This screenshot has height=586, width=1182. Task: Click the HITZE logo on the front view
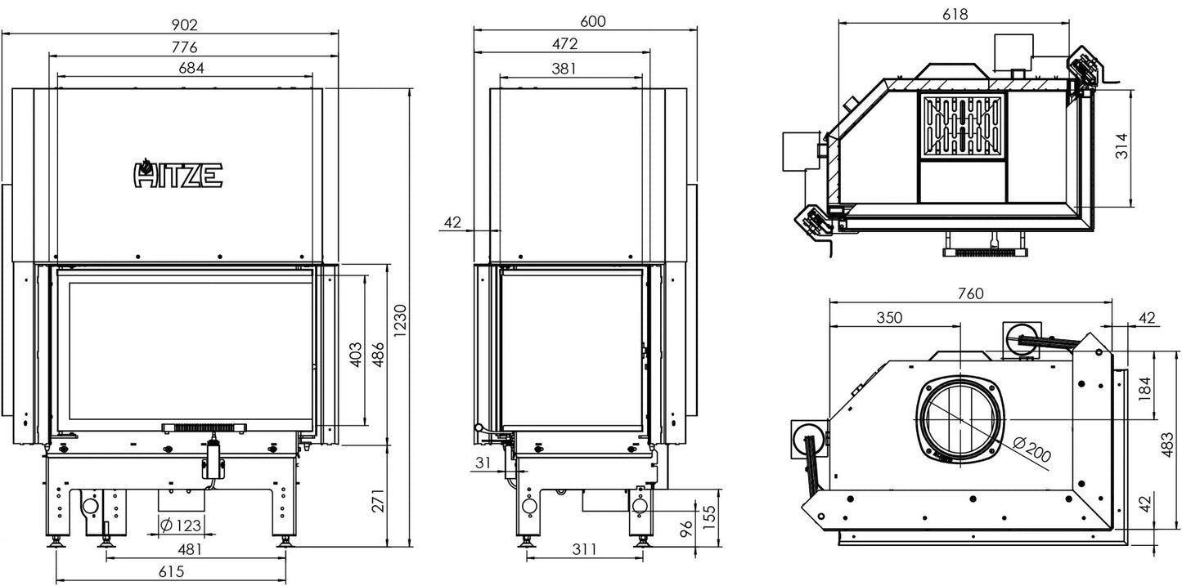[x=178, y=172]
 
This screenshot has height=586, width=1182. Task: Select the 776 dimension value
[x=184, y=47]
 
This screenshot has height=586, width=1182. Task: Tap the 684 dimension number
[x=191, y=69]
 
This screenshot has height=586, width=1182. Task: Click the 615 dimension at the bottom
[x=170, y=572]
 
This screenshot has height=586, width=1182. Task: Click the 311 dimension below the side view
[x=584, y=549]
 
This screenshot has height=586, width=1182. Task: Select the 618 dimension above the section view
[x=955, y=14]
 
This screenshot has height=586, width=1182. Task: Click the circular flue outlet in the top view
[x=960, y=418]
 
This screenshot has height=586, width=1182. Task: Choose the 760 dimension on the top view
[x=969, y=293]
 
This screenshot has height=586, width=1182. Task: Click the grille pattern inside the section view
[x=963, y=126]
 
